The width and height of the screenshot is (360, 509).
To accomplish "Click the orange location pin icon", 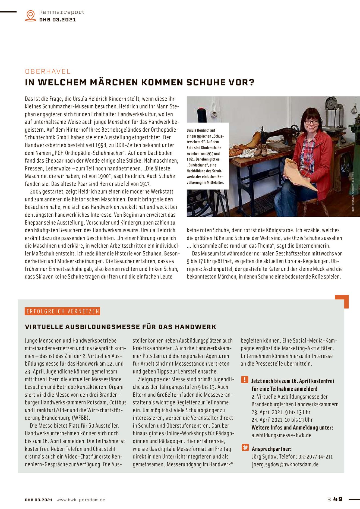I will point(30,15).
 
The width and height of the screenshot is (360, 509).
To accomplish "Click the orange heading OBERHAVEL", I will point(48,71).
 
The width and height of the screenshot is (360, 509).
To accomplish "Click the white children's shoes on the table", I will point(246,153).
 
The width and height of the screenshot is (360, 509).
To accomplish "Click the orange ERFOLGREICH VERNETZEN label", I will point(62,311).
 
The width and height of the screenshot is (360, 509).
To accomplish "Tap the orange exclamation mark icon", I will point(245,380).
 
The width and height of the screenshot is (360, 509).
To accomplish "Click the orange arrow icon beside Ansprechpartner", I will point(245,447).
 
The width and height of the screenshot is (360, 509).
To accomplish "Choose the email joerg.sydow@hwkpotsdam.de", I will point(285,464).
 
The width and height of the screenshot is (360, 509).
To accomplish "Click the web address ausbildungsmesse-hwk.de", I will point(281,435).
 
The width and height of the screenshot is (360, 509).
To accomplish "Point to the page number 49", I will point(338,499).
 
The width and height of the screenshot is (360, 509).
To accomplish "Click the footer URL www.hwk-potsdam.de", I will point(81,500).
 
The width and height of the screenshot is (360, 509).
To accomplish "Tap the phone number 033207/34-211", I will point(315,457).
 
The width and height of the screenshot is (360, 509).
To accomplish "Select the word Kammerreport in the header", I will point(62,12).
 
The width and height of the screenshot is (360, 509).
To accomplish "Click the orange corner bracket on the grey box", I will point(342,301).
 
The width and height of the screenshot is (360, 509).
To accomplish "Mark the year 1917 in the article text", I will point(145,184).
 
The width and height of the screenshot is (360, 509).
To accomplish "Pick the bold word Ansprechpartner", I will point(271,449).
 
